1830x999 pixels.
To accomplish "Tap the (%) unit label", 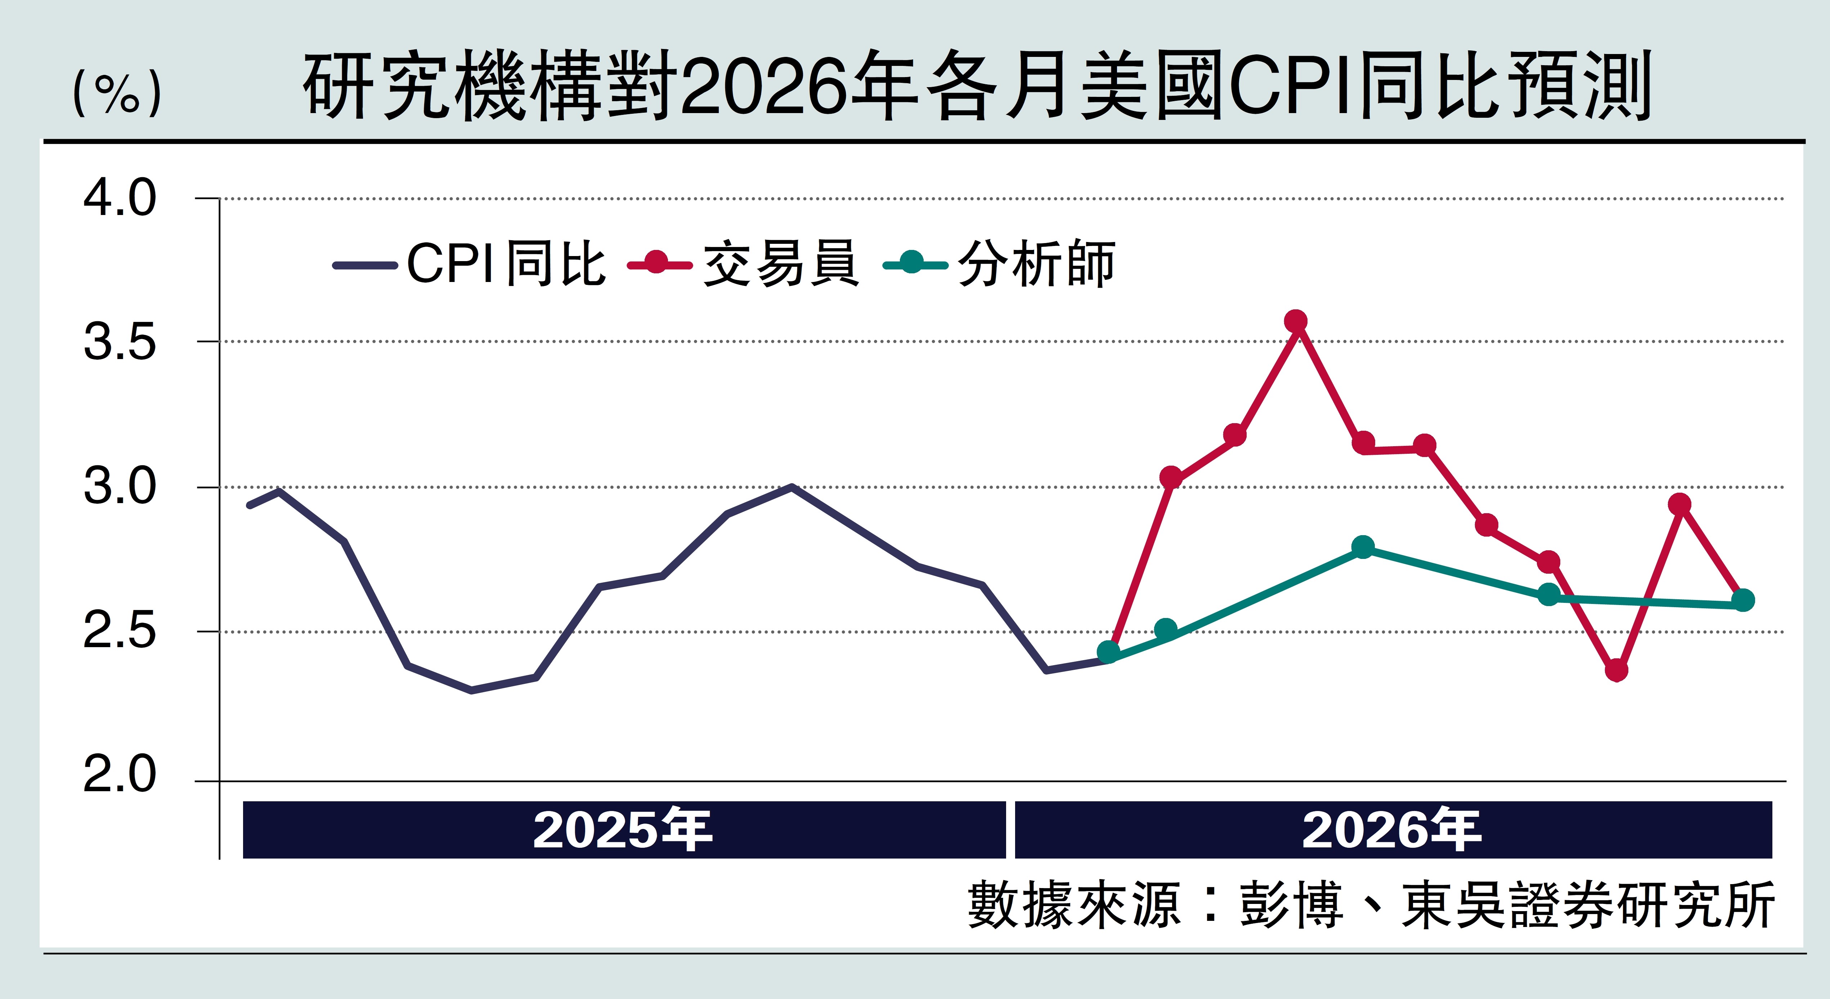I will (117, 92).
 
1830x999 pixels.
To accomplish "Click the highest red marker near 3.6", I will (1296, 321).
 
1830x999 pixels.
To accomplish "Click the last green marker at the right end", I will (1742, 600).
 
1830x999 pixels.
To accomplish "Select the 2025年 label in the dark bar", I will (622, 830).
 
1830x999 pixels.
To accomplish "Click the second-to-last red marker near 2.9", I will (1679, 505).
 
